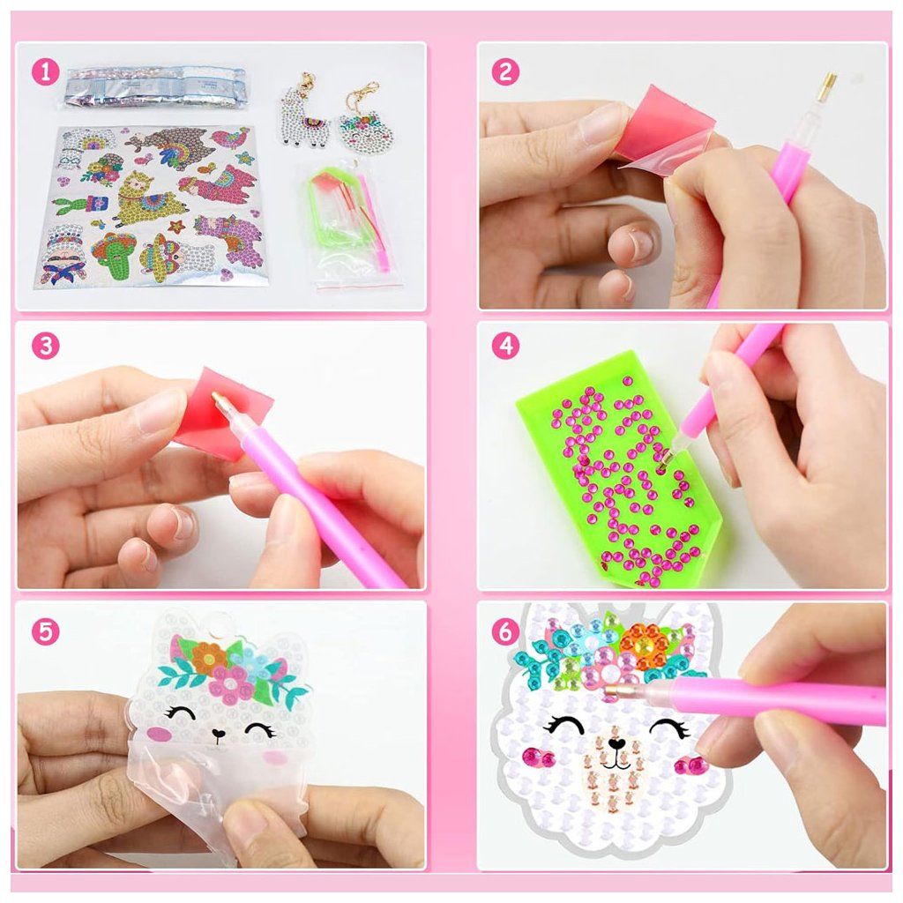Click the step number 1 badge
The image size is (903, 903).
pyautogui.click(x=46, y=72)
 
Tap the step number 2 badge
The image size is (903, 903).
pyautogui.click(x=505, y=72)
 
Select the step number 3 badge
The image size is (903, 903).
pyautogui.click(x=46, y=346)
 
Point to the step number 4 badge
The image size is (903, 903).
pyautogui.click(x=505, y=346)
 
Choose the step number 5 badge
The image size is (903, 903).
pyautogui.click(x=46, y=631)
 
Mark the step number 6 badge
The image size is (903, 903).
pyautogui.click(x=505, y=631)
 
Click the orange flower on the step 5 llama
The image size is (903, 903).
pyautogui.click(x=205, y=655)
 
